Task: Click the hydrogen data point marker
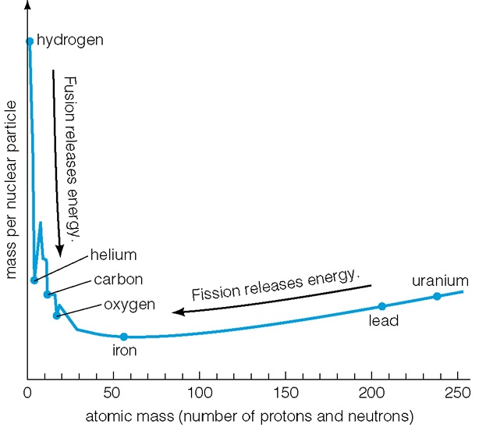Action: point(30,41)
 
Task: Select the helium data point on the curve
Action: point(34,280)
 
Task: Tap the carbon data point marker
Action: point(48,294)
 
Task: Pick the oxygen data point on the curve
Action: point(57,316)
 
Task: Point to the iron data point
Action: point(123,337)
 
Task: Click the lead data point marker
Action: point(381,306)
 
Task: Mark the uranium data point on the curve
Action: point(437,296)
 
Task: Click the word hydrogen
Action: point(70,39)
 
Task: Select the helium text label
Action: point(113,255)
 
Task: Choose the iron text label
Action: point(125,351)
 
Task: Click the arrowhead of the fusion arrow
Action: point(60,251)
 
